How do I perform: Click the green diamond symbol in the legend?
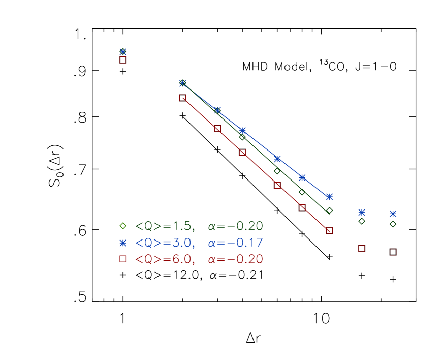pyautogui.click(x=123, y=226)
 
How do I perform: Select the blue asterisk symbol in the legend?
pyautogui.click(x=123, y=243)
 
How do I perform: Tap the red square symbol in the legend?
pyautogui.click(x=123, y=259)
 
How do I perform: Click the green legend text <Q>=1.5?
pyautogui.click(x=165, y=226)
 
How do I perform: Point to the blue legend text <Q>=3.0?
pyautogui.click(x=165, y=243)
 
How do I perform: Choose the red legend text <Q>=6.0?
pyautogui.click(x=165, y=259)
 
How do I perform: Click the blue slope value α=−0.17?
pyautogui.click(x=235, y=243)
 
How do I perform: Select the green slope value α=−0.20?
pyautogui.click(x=235, y=226)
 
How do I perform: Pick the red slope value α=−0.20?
pyautogui.click(x=235, y=259)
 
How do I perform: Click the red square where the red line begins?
pyautogui.click(x=183, y=98)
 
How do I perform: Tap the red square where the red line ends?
pyautogui.click(x=329, y=230)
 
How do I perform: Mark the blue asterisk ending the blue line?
pyautogui.click(x=329, y=196)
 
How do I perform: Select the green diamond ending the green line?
pyautogui.click(x=329, y=211)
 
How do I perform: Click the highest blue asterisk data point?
pyautogui.click(x=123, y=51)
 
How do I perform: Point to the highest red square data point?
pyautogui.click(x=123, y=60)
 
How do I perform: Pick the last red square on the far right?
pyautogui.click(x=393, y=252)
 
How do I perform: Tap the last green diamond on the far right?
pyautogui.click(x=393, y=224)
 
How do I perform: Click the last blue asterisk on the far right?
pyautogui.click(x=393, y=214)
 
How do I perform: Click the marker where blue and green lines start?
pyautogui.click(x=183, y=83)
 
